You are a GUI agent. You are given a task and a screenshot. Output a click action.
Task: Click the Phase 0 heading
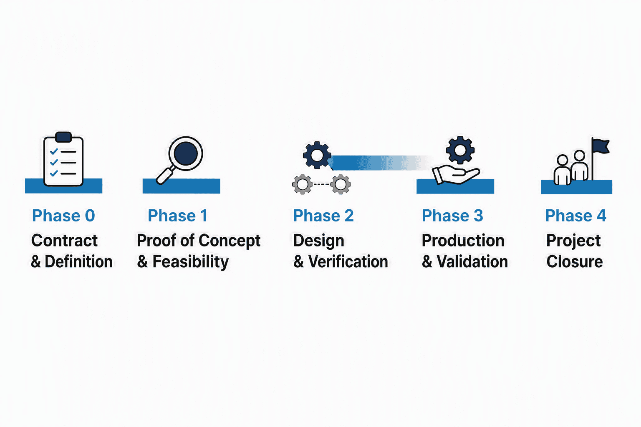tap(63, 216)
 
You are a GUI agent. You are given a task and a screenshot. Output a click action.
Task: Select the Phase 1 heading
tap(177, 216)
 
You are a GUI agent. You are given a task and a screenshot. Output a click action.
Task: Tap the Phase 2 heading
tap(323, 216)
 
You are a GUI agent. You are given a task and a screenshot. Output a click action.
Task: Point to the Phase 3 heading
tap(452, 216)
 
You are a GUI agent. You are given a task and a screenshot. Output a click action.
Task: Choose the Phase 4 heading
tap(575, 216)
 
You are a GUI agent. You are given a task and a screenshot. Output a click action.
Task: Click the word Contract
tap(64, 241)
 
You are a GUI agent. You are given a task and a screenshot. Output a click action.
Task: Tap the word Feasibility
tap(191, 262)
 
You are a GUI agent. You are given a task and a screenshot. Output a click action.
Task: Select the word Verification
tap(348, 262)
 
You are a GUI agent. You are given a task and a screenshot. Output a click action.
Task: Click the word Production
tap(463, 241)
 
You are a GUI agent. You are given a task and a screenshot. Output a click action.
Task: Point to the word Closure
tap(575, 262)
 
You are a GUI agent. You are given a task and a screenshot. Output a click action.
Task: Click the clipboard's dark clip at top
tap(63, 137)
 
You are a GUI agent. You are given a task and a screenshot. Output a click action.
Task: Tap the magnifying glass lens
tap(186, 153)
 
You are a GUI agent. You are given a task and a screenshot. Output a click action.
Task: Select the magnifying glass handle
tap(165, 175)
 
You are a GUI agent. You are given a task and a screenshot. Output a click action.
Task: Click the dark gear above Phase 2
tap(317, 155)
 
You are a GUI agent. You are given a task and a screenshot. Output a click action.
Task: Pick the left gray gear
tap(303, 184)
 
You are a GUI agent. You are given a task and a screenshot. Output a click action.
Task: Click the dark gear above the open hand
tap(460, 150)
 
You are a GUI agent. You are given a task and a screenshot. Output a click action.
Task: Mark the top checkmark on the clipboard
tap(54, 152)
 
